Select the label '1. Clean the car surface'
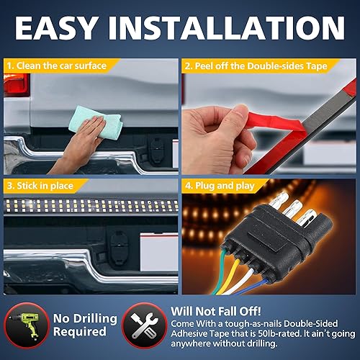tap(57, 66)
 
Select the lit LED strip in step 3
tap(90, 207)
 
